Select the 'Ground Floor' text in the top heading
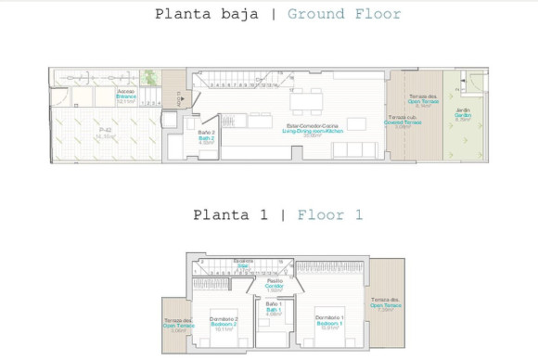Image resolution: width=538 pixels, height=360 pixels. [x=344, y=14]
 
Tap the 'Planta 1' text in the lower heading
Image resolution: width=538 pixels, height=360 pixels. [x=231, y=215]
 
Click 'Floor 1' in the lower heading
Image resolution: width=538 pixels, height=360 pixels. [x=330, y=215]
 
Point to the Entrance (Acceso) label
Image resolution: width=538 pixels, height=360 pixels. [x=126, y=96]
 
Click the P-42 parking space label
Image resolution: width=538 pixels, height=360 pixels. [x=105, y=135]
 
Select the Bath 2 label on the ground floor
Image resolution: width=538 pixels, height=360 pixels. [x=207, y=138]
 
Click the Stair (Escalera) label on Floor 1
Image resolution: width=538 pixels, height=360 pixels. [x=243, y=263]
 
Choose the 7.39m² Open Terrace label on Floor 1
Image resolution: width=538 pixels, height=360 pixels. [x=387, y=304]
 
